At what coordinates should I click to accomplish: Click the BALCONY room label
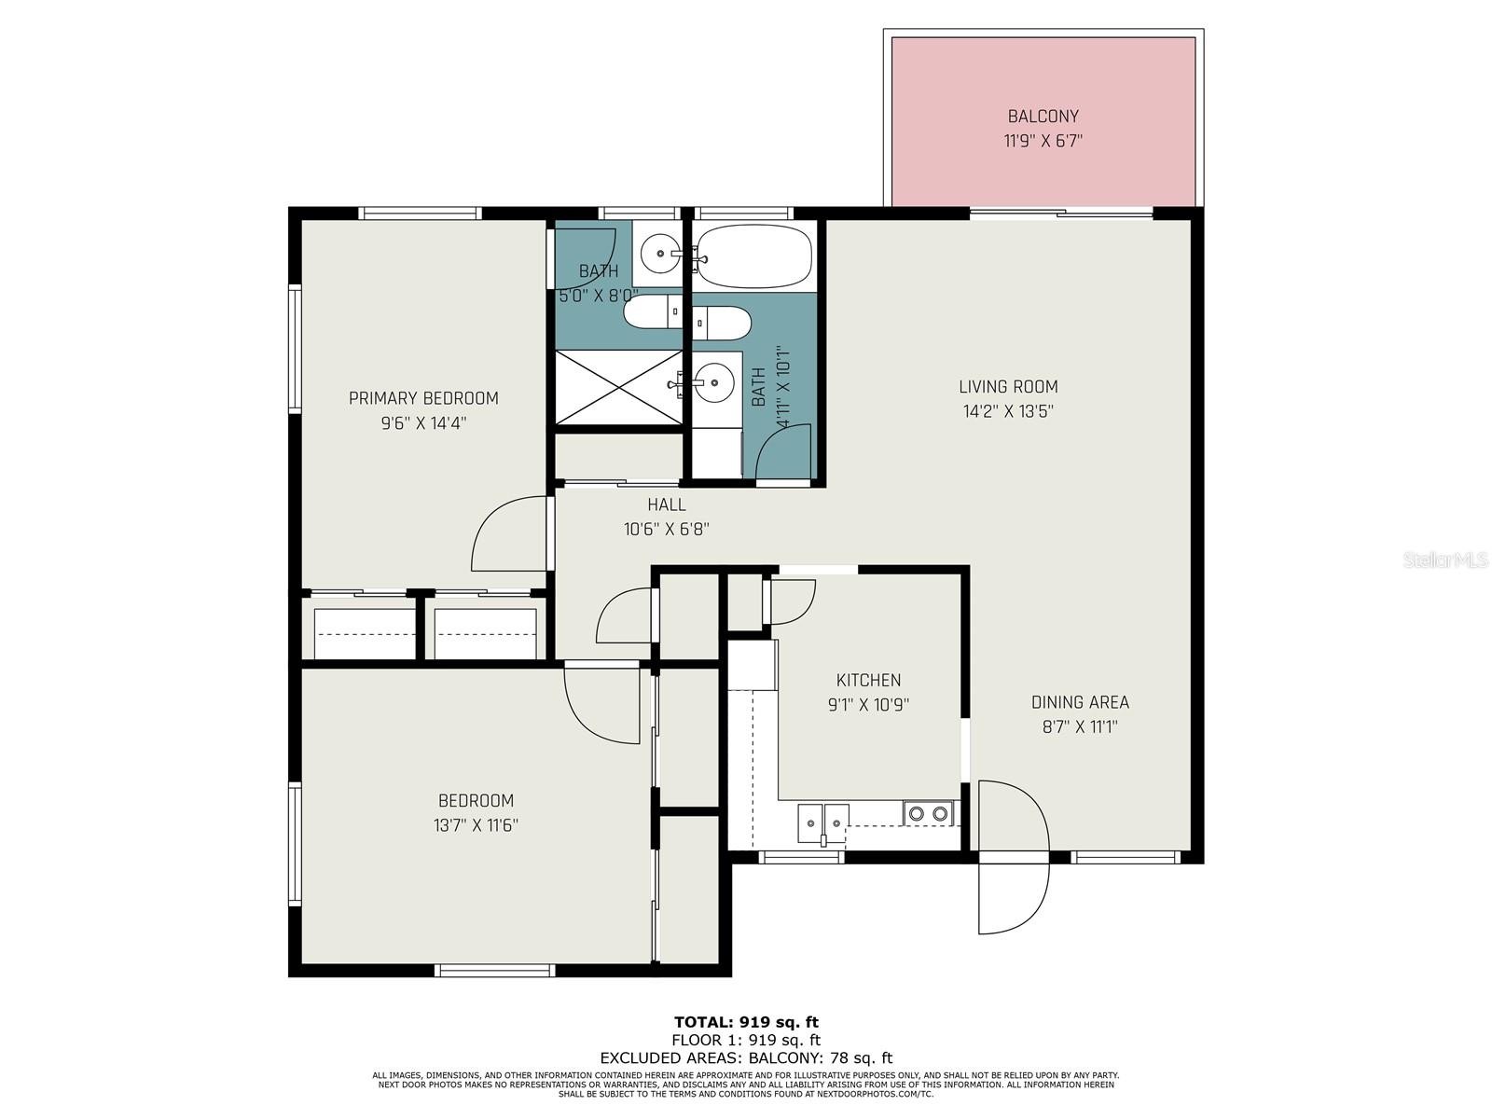click(x=1043, y=117)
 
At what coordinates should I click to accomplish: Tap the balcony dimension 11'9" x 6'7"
click(x=1043, y=142)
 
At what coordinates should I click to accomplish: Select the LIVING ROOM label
click(x=1008, y=387)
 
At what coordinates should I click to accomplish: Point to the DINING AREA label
click(x=1080, y=702)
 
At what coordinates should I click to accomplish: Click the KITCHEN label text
click(x=868, y=680)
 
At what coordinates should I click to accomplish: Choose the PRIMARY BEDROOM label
click(x=423, y=398)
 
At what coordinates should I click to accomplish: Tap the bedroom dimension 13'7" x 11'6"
click(x=476, y=825)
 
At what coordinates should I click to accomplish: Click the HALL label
click(x=666, y=504)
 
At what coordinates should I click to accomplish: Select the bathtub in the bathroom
click(x=754, y=256)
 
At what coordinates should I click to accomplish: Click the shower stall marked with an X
click(x=619, y=387)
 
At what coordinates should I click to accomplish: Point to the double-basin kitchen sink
click(x=823, y=823)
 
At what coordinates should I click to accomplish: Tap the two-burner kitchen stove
click(x=928, y=813)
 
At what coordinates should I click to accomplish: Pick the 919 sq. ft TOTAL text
click(x=746, y=1022)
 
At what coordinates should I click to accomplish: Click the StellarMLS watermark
click(x=1445, y=560)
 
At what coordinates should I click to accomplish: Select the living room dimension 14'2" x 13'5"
click(x=1008, y=411)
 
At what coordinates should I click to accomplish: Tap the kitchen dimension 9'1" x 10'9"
click(x=868, y=705)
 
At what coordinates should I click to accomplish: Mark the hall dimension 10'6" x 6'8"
click(x=666, y=530)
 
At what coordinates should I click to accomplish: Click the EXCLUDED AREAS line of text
click(x=746, y=1057)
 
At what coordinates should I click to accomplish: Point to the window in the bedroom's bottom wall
click(x=494, y=970)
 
